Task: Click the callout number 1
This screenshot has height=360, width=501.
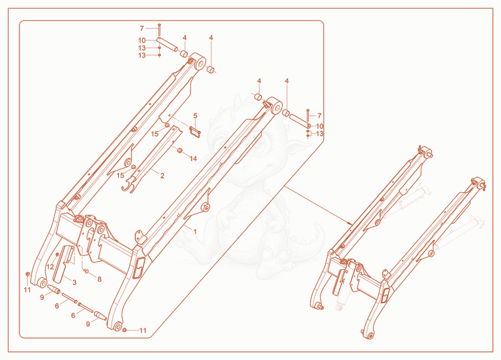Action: [195, 232]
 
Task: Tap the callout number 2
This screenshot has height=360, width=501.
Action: [162, 176]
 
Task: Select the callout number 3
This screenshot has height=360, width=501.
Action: [75, 282]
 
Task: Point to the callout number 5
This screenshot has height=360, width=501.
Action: [195, 116]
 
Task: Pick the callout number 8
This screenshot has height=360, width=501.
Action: [100, 279]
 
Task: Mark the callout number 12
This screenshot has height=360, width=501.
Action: [51, 267]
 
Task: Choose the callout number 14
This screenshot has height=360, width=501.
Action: [193, 159]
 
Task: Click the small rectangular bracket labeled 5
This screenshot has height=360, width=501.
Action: [195, 132]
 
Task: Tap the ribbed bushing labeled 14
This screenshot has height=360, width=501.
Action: [180, 150]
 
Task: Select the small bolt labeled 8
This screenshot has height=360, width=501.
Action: [86, 271]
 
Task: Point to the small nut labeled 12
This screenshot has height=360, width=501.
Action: [58, 255]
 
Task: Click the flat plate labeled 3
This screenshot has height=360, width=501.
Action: [63, 264]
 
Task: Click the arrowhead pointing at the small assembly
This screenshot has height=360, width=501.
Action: [350, 223]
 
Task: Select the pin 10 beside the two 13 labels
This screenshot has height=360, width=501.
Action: [167, 44]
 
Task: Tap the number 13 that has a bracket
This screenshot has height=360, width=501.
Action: [319, 133]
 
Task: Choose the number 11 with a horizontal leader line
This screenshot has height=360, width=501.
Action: [143, 331]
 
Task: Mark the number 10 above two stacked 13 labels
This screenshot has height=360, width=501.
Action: [142, 41]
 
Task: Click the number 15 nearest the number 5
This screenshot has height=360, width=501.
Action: [155, 134]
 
